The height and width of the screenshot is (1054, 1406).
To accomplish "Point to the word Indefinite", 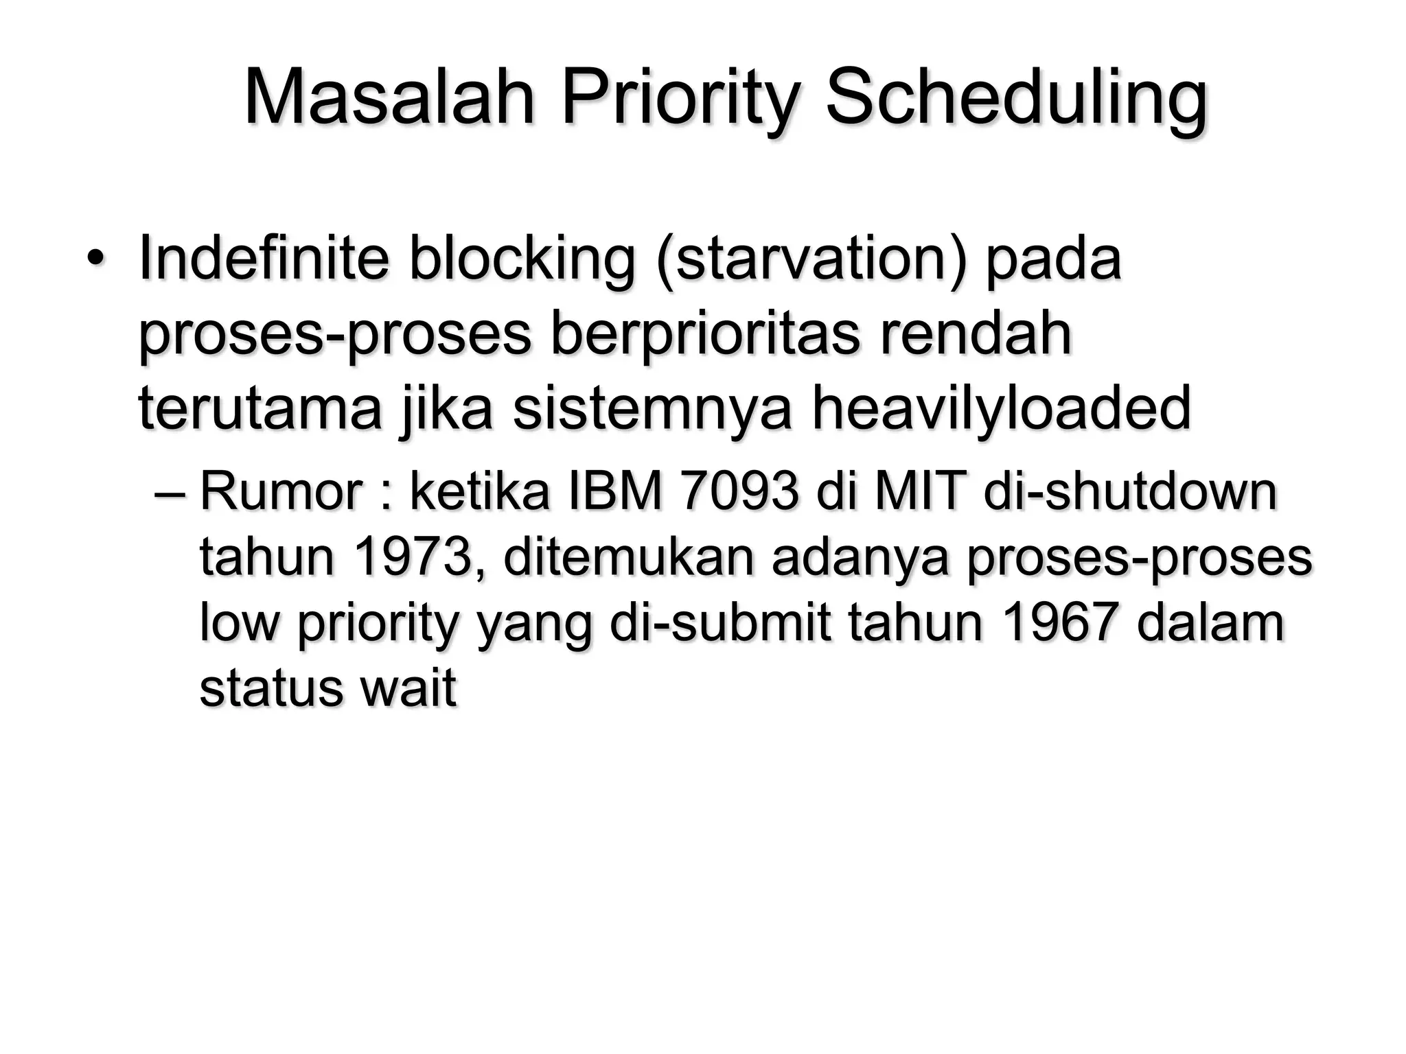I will pos(264,259).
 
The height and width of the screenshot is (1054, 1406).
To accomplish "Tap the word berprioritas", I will pos(705,334).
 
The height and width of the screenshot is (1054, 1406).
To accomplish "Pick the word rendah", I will pos(976,334).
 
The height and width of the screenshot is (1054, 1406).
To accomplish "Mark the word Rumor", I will pos(281,492).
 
